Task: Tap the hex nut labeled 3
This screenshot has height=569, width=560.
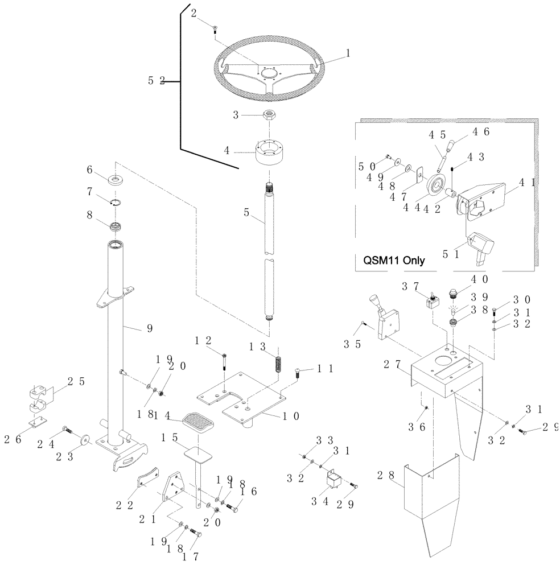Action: point(269,115)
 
